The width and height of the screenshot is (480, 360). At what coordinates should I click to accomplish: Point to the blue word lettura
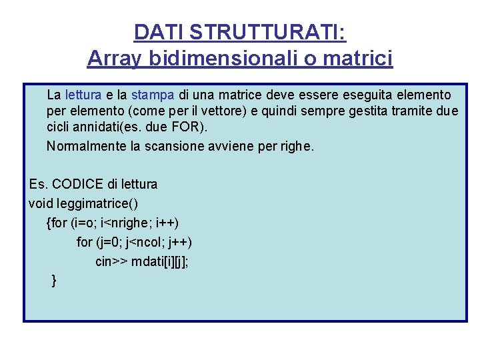tap(83, 95)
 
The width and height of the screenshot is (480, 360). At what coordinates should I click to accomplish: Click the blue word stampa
tap(153, 95)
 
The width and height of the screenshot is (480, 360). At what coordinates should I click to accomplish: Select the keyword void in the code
tap(41, 203)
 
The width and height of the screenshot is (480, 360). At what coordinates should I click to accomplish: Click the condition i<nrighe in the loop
tap(126, 222)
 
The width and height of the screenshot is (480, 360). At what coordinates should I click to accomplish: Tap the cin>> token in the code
tap(111, 261)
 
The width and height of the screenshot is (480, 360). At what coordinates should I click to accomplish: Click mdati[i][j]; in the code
tap(160, 261)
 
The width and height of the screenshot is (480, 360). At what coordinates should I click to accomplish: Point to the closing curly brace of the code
tap(54, 281)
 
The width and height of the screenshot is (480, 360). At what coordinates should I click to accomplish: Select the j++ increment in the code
tap(181, 242)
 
